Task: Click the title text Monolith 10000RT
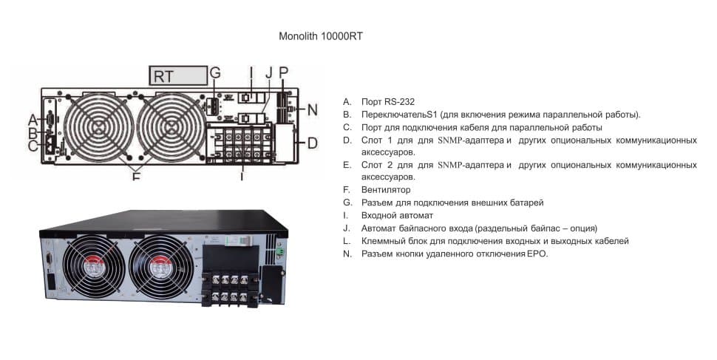click(321, 37)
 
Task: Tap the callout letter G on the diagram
click(215, 72)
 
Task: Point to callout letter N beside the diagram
click(313, 110)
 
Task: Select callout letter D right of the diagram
click(313, 143)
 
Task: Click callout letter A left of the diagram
click(33, 120)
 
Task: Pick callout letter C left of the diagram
click(33, 146)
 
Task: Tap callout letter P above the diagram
click(284, 72)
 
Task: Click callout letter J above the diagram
click(269, 72)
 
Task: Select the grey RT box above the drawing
click(178, 75)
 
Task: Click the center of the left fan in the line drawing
click(99, 128)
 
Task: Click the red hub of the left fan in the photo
click(95, 268)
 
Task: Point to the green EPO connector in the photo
click(280, 251)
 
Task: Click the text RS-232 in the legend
click(399, 101)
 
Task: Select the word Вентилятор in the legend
click(386, 189)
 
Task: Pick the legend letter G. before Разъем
click(347, 203)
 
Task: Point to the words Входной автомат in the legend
click(397, 215)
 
